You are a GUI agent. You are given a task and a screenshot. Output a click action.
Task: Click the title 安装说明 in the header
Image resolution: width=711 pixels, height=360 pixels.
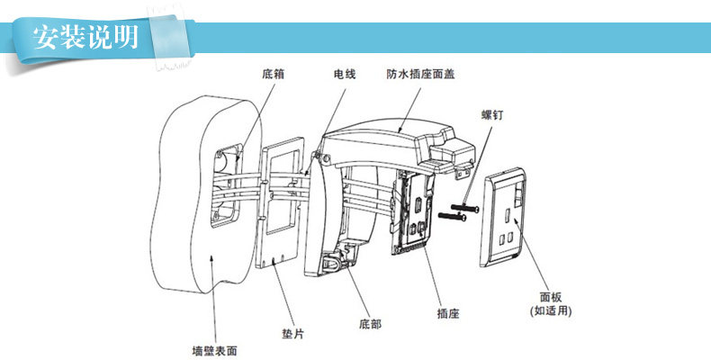coord(85,37)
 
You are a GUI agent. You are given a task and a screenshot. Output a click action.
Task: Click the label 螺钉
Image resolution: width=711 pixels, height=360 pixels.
coord(493,114)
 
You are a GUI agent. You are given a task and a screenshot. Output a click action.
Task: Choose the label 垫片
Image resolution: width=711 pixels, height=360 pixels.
coord(292,334)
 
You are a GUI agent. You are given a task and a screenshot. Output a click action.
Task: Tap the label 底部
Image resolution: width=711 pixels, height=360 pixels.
coord(370,321)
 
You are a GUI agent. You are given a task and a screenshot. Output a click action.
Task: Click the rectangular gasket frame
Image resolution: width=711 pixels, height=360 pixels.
coord(282,202)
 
